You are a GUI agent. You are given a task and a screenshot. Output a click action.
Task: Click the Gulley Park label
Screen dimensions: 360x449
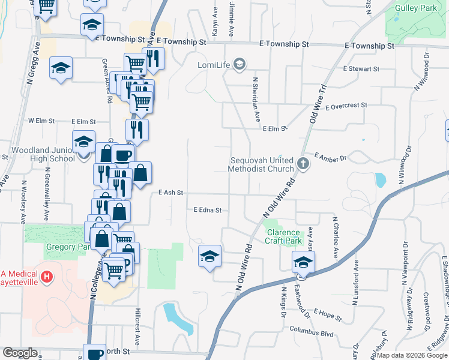pos(414,8)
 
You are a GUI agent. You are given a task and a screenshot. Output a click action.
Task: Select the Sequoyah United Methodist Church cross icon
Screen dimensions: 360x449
pos(304,164)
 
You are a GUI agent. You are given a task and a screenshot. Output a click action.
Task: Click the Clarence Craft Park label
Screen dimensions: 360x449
pos(283,236)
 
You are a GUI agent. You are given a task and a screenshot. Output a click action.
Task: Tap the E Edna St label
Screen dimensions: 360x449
pos(208,210)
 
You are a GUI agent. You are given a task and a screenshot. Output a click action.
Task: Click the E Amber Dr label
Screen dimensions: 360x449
pos(330,157)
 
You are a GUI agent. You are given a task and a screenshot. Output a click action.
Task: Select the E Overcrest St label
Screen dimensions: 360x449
pos(346,106)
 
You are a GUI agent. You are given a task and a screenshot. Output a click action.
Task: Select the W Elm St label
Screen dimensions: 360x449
pos(41,121)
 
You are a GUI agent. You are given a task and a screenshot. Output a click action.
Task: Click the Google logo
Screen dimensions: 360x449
pos(19,353)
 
